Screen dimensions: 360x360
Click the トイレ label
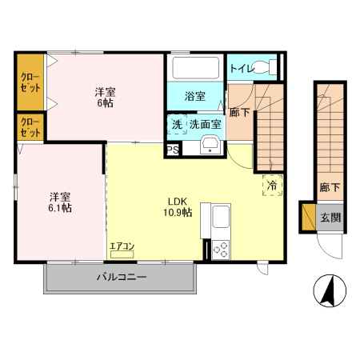point(242,68)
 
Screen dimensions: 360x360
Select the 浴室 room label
point(195,97)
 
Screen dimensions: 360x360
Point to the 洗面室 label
point(205,124)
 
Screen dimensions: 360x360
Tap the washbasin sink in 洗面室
point(211,144)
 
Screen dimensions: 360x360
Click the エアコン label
point(122,246)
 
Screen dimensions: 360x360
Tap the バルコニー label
point(122,278)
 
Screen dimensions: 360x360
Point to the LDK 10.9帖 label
point(178,206)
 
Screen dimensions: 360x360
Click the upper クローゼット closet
point(31,82)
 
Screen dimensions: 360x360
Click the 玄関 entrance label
point(330,217)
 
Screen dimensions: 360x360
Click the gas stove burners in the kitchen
point(220,249)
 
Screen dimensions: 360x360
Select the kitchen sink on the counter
point(220,217)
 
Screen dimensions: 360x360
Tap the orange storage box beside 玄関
point(307,217)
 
